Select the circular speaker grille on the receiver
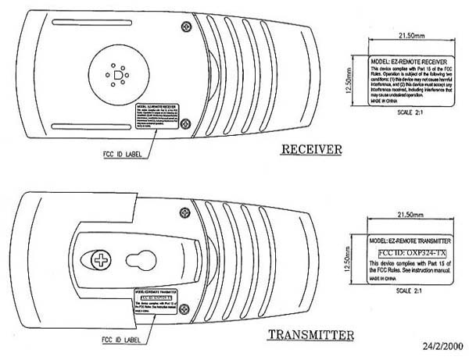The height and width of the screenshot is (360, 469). pos(119,74)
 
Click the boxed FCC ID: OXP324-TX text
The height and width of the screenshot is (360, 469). pos(405,253)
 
